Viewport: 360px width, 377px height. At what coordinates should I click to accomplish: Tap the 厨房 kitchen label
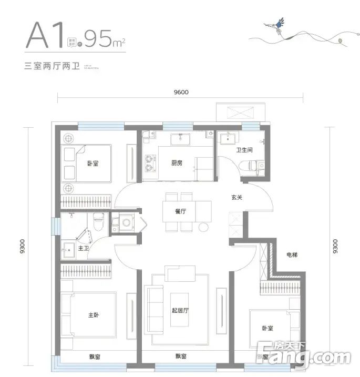(177, 163)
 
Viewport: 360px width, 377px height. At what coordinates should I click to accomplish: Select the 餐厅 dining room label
(181, 211)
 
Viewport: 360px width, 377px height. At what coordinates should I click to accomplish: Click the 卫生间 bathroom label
(244, 150)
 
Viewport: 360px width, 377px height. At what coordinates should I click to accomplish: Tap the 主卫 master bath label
(83, 248)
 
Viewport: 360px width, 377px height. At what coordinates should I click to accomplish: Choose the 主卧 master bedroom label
(94, 315)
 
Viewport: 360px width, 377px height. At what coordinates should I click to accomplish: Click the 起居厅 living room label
(180, 310)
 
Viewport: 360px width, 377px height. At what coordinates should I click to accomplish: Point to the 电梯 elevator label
(292, 255)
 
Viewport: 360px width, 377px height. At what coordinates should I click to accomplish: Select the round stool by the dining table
(203, 227)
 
